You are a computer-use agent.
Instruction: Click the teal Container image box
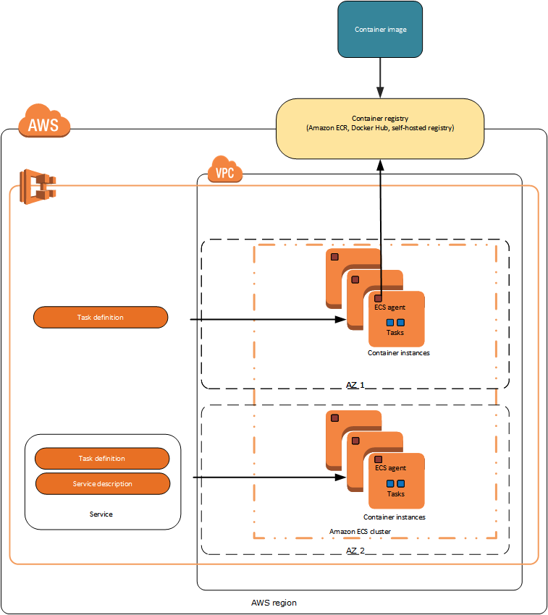coord(380,30)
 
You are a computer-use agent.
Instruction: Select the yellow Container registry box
coord(380,128)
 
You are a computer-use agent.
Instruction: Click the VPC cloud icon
coord(224,171)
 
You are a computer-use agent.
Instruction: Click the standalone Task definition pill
coord(101,317)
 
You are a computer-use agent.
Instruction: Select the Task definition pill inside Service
coord(102,459)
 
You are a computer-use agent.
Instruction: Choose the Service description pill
coord(103,483)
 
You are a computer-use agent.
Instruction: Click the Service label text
coord(101,514)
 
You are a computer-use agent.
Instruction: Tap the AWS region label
coord(274,603)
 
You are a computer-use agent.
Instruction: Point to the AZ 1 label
coord(355,386)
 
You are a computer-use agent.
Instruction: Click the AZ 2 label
coord(355,551)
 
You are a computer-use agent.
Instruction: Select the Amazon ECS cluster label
coord(361,531)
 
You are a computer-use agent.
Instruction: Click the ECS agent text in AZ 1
coord(390,307)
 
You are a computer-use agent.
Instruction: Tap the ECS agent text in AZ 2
coord(390,468)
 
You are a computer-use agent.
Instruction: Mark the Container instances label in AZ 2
coord(395,517)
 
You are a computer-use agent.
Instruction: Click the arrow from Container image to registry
coord(380,77)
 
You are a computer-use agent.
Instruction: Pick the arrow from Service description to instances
coord(268,478)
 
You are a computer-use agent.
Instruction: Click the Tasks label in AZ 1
coord(395,333)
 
